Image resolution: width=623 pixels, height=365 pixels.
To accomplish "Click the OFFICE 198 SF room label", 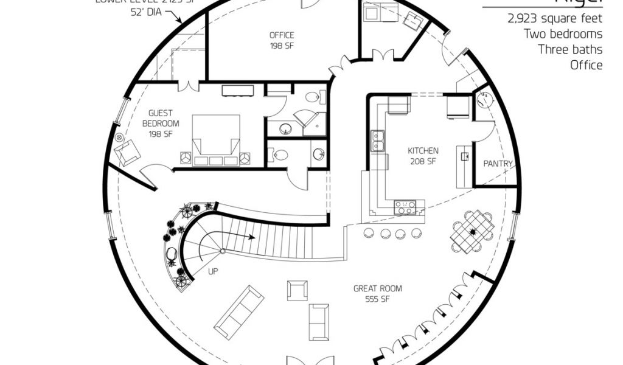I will tap(282, 40).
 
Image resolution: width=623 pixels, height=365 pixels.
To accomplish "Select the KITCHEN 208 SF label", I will tap(423, 156).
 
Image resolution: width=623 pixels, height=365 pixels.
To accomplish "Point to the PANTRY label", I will tap(498, 164).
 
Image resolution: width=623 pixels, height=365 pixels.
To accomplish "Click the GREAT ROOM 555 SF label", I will tap(377, 294).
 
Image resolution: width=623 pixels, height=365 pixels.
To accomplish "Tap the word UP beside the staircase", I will tap(214, 271).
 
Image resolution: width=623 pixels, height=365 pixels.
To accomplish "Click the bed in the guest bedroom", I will tap(215, 141).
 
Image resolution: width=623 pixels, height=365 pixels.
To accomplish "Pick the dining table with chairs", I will tap(472, 231).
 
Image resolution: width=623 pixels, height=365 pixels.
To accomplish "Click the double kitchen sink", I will tap(377, 141).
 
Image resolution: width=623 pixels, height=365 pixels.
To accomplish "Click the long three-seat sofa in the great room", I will tap(239, 312).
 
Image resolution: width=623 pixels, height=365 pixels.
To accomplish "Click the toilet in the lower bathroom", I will tap(279, 155).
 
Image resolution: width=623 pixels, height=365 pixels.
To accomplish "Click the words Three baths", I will tap(570, 49).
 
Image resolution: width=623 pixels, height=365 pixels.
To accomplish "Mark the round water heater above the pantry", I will tap(485, 101).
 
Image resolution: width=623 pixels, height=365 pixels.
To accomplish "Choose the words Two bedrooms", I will tap(563, 34).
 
